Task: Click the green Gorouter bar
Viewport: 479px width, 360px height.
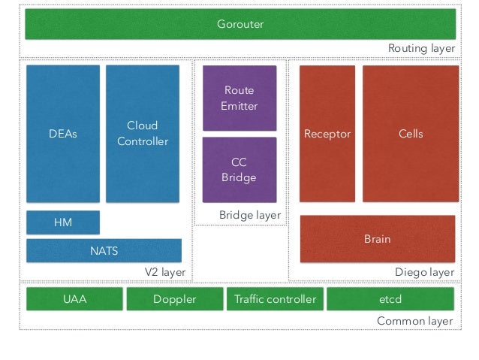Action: point(240,24)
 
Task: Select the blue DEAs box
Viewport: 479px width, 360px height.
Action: point(63,134)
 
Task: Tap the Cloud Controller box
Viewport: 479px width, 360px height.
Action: point(143,134)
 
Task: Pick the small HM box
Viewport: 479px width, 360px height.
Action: point(63,222)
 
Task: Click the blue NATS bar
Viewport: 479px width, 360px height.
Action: point(104,251)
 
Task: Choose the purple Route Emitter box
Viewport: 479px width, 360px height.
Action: point(239,98)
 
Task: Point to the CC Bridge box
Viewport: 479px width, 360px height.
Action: point(239,170)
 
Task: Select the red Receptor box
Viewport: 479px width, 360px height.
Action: point(327,134)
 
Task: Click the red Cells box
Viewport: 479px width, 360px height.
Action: point(411,134)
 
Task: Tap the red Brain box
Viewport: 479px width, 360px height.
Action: point(378,239)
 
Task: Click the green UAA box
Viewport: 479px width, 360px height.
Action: point(74,299)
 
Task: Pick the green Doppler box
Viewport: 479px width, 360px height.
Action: point(175,299)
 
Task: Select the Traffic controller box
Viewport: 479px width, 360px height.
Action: point(275,299)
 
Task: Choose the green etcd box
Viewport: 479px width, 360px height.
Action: point(390,299)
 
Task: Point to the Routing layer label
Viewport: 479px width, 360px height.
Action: point(422,48)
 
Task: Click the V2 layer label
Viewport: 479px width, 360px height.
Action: point(165,272)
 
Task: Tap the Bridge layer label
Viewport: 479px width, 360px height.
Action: point(250,215)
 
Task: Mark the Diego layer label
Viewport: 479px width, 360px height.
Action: point(425,272)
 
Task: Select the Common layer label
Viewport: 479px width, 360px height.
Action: point(415,321)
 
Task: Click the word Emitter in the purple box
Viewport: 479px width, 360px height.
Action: point(239,106)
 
